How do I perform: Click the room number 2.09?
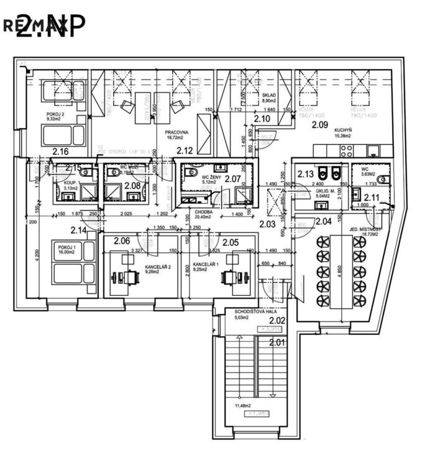click(x=319, y=124)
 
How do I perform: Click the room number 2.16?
click(x=60, y=151)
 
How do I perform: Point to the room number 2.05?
click(x=231, y=242)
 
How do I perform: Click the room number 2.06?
click(x=122, y=241)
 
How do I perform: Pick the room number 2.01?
click(x=277, y=341)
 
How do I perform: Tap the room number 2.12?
click(x=185, y=150)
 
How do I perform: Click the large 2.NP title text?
click(x=51, y=26)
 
